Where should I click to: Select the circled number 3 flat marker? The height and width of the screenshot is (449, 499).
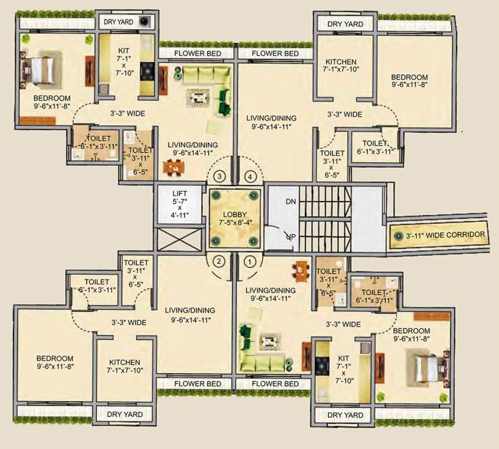[220, 175]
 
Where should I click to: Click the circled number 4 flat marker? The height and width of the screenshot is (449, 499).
[250, 175]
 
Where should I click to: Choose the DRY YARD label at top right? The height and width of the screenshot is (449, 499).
[345, 24]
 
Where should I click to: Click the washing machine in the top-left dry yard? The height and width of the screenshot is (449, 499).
[144, 22]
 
